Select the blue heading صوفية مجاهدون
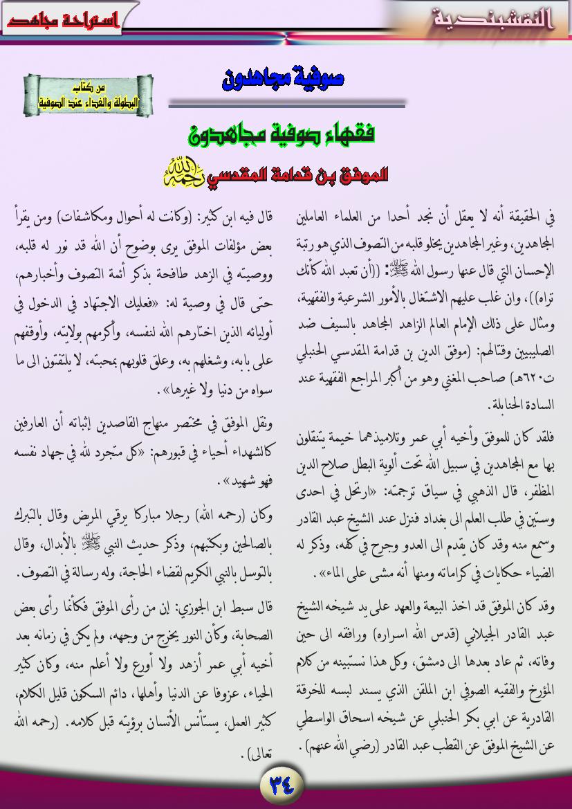tap(284, 79)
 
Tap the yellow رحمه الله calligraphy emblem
tap(181, 174)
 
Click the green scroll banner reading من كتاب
tap(88, 95)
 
